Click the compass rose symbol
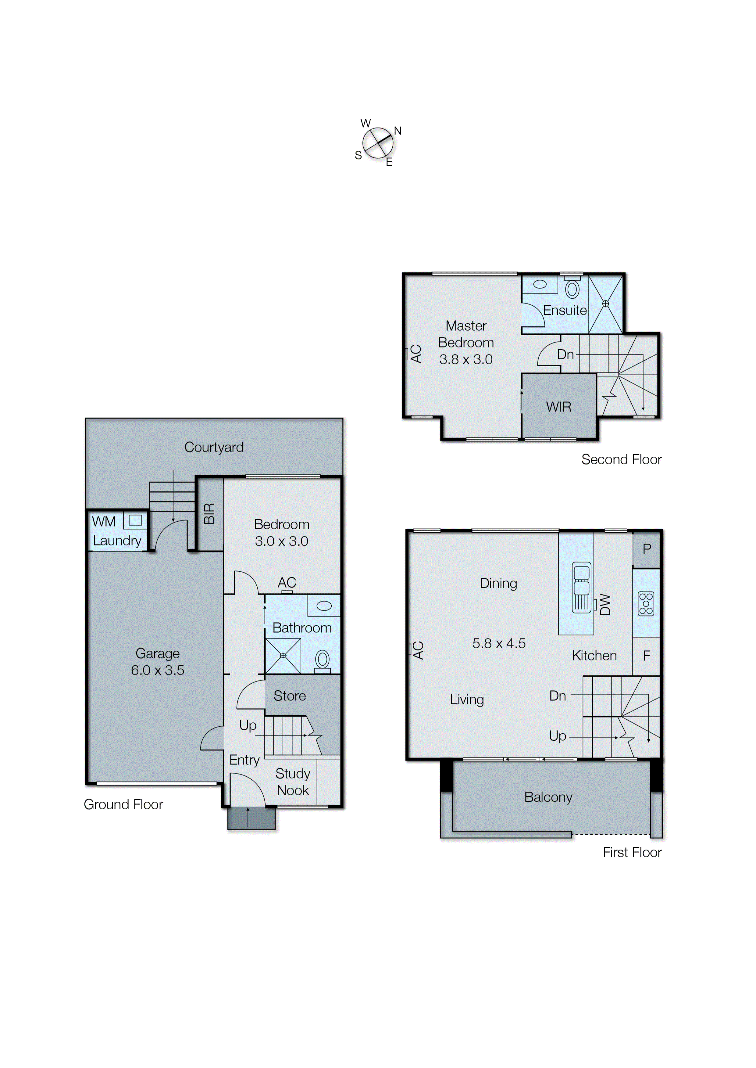click(377, 143)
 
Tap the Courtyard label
click(214, 447)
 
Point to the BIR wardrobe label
click(209, 513)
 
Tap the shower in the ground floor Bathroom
click(283, 655)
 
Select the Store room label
click(290, 696)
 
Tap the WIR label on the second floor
click(559, 407)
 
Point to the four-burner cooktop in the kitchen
click(646, 604)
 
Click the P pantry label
click(647, 549)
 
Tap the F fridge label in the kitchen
click(646, 656)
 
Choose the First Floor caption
click(632, 852)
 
